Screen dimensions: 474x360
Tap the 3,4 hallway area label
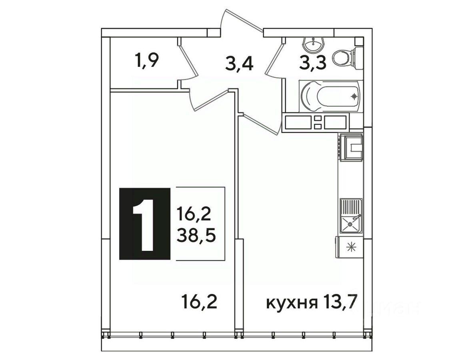click(x=239, y=64)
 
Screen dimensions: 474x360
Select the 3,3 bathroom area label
click(x=312, y=63)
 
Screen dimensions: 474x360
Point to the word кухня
click(x=292, y=302)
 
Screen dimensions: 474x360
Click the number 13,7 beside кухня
click(x=339, y=302)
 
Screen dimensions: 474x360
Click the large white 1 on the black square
click(x=144, y=224)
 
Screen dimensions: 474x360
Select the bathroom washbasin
click(x=314, y=45)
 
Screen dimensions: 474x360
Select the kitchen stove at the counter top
click(x=351, y=146)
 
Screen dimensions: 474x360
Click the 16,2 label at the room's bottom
click(x=199, y=302)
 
